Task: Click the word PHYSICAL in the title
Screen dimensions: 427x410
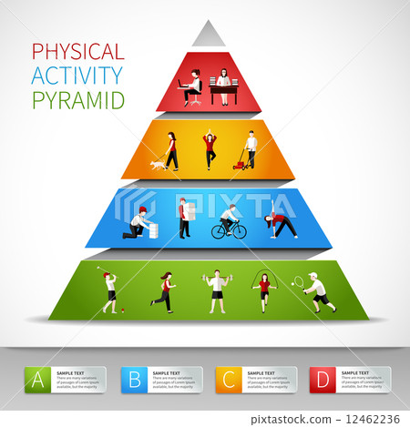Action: pyautogui.click(x=77, y=51)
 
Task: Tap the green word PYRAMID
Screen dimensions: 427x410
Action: pyautogui.click(x=77, y=100)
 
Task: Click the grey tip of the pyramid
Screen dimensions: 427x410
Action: pyautogui.click(x=209, y=35)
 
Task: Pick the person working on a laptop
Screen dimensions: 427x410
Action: pyautogui.click(x=192, y=87)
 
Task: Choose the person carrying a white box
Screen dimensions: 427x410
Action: pyautogui.click(x=184, y=218)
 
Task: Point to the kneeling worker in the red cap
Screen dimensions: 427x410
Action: pyautogui.click(x=139, y=222)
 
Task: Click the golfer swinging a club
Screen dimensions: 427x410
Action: pyautogui.click(x=109, y=290)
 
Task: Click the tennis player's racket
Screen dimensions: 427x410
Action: pyautogui.click(x=298, y=281)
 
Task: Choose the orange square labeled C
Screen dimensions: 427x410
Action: pyautogui.click(x=227, y=379)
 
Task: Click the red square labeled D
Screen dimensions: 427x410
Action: pyautogui.click(x=321, y=379)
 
